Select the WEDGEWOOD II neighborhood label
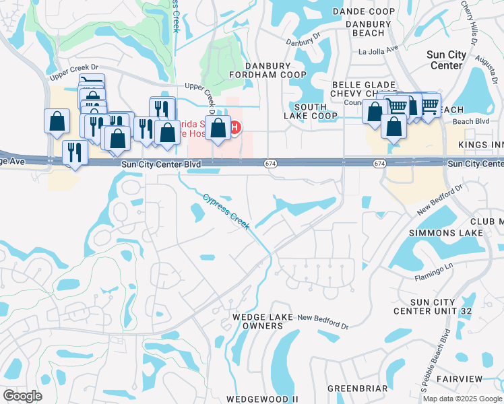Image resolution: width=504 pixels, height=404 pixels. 262,399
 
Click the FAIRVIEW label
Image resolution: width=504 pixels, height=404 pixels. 460,379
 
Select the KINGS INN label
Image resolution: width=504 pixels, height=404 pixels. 480,145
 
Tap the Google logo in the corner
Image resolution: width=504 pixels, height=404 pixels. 22,396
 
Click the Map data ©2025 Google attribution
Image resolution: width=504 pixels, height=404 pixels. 463,399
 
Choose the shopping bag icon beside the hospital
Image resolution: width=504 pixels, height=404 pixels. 218,128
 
